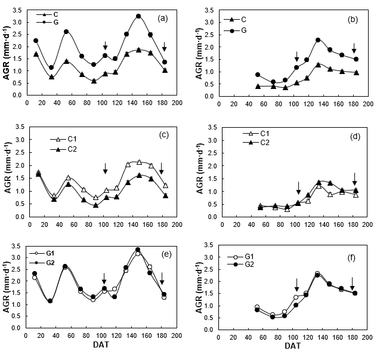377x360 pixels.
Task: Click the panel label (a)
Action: pos(162,18)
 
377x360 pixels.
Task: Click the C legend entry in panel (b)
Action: pos(243,19)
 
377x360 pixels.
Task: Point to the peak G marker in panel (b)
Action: pos(318,39)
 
